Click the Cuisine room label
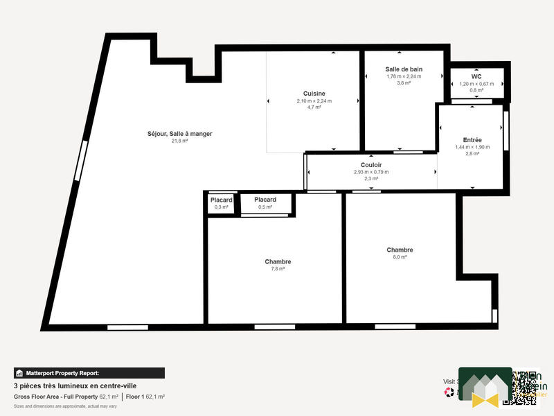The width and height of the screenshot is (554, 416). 314,94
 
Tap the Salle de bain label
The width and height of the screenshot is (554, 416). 404,69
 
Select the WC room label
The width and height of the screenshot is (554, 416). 476,77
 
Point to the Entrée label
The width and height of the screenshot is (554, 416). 472,140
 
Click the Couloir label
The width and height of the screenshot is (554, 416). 371,165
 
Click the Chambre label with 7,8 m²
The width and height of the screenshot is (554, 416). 278,261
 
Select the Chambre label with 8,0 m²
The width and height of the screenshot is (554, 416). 400,250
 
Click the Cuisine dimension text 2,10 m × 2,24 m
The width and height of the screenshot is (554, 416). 314,101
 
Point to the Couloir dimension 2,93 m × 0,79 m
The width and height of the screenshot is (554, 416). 371,172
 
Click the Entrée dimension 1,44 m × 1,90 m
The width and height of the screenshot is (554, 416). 472,147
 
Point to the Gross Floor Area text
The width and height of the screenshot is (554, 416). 55,397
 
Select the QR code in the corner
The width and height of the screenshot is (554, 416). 526,387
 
